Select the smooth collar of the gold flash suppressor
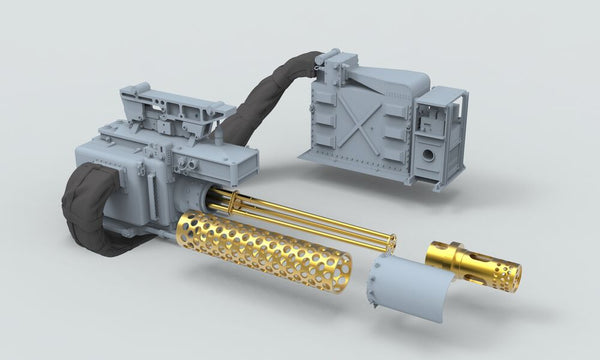[x=447, y=253]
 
